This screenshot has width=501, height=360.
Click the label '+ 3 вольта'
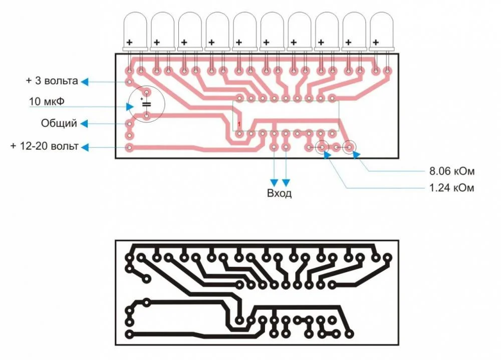coord(52,81)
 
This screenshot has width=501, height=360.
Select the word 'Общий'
coord(59,123)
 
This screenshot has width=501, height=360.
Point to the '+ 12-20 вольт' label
coord(44,146)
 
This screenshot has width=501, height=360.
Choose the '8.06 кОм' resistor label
coord(451,171)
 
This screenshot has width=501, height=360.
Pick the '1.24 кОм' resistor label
coord(451,188)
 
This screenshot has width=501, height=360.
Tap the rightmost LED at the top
coord(382,30)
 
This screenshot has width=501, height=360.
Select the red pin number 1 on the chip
coord(239,124)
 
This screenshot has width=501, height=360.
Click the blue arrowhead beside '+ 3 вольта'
coord(86,81)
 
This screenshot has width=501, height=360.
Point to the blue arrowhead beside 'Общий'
coord(86,123)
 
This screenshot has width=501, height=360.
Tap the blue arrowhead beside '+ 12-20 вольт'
coord(86,147)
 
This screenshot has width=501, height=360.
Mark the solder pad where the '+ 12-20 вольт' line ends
coord(130,147)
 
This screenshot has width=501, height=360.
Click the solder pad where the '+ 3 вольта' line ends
coord(130,81)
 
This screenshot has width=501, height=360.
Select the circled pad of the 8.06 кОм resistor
coord(349,147)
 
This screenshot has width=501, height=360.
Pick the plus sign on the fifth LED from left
coord(239,42)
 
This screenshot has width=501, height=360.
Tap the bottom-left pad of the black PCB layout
coord(130,334)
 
